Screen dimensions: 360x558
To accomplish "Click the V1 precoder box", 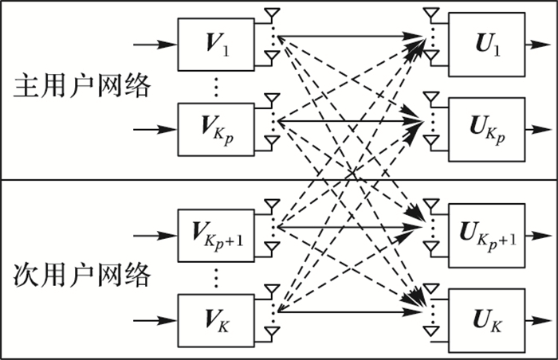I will tap(214, 42).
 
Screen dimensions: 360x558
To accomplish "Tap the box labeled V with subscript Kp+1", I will tap(214, 236).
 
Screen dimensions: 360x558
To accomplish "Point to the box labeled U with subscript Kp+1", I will tap(486, 234).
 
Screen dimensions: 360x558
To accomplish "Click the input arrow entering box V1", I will tap(155, 43).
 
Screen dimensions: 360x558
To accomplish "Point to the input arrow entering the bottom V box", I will tap(155, 321).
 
